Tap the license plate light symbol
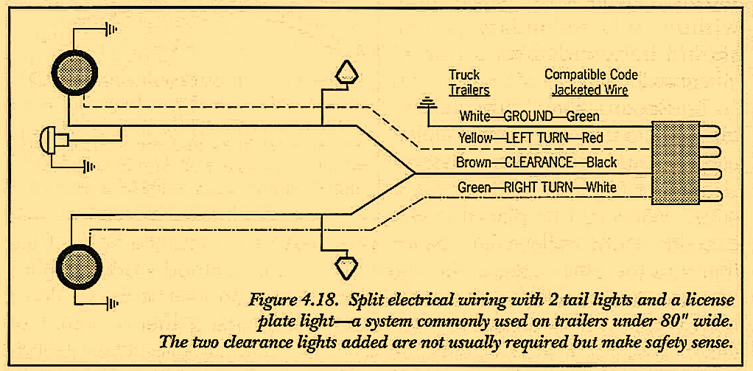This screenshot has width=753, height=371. pyautogui.click(x=52, y=139)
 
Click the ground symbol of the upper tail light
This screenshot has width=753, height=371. pyautogui.click(x=111, y=30)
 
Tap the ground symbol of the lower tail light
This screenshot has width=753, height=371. pyautogui.click(x=112, y=302)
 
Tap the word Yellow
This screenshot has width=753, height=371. pyautogui.click(x=476, y=138)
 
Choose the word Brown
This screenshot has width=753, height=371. pyautogui.click(x=473, y=162)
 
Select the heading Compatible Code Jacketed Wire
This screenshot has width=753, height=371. pyautogui.click(x=591, y=83)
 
